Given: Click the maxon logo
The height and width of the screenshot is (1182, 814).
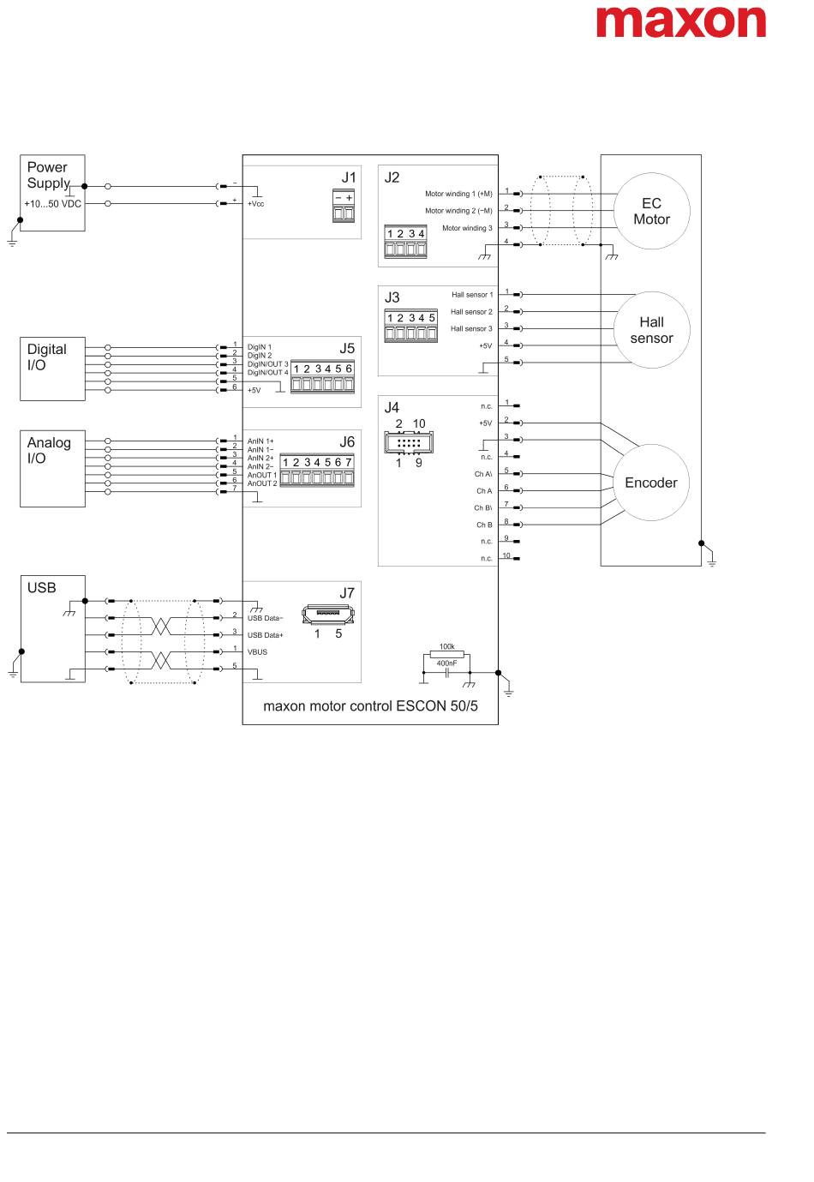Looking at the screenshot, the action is point(680,22).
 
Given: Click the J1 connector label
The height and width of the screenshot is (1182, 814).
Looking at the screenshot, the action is point(348,177).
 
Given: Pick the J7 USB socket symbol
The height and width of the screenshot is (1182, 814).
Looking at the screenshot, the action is point(328,615).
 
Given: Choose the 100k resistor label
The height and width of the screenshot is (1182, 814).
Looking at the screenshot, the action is point(446,646).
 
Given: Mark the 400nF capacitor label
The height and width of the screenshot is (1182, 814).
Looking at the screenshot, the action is point(446,663).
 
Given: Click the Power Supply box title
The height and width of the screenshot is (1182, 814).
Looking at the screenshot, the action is point(48,175).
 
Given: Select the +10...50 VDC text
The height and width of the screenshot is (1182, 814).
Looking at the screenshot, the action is point(53,204).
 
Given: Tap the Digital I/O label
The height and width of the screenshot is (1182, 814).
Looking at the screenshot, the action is point(46,357).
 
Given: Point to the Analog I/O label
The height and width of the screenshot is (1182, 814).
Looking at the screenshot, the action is point(49,450).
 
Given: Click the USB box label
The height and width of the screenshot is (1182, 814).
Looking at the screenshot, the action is point(41,587).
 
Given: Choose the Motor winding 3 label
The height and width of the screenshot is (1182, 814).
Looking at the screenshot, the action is point(467,228).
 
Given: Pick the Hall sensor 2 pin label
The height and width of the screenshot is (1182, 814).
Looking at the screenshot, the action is point(471,312).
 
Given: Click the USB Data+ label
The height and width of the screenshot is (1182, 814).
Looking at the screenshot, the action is point(265,635).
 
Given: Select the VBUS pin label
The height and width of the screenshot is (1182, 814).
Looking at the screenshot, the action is point(257,651).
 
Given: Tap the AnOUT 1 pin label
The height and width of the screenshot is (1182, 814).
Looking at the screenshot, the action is point(261,475).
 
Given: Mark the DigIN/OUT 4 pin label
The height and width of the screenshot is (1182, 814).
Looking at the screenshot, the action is point(268,373).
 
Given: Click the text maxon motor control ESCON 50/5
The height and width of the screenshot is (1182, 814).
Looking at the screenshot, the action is point(370,706).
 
